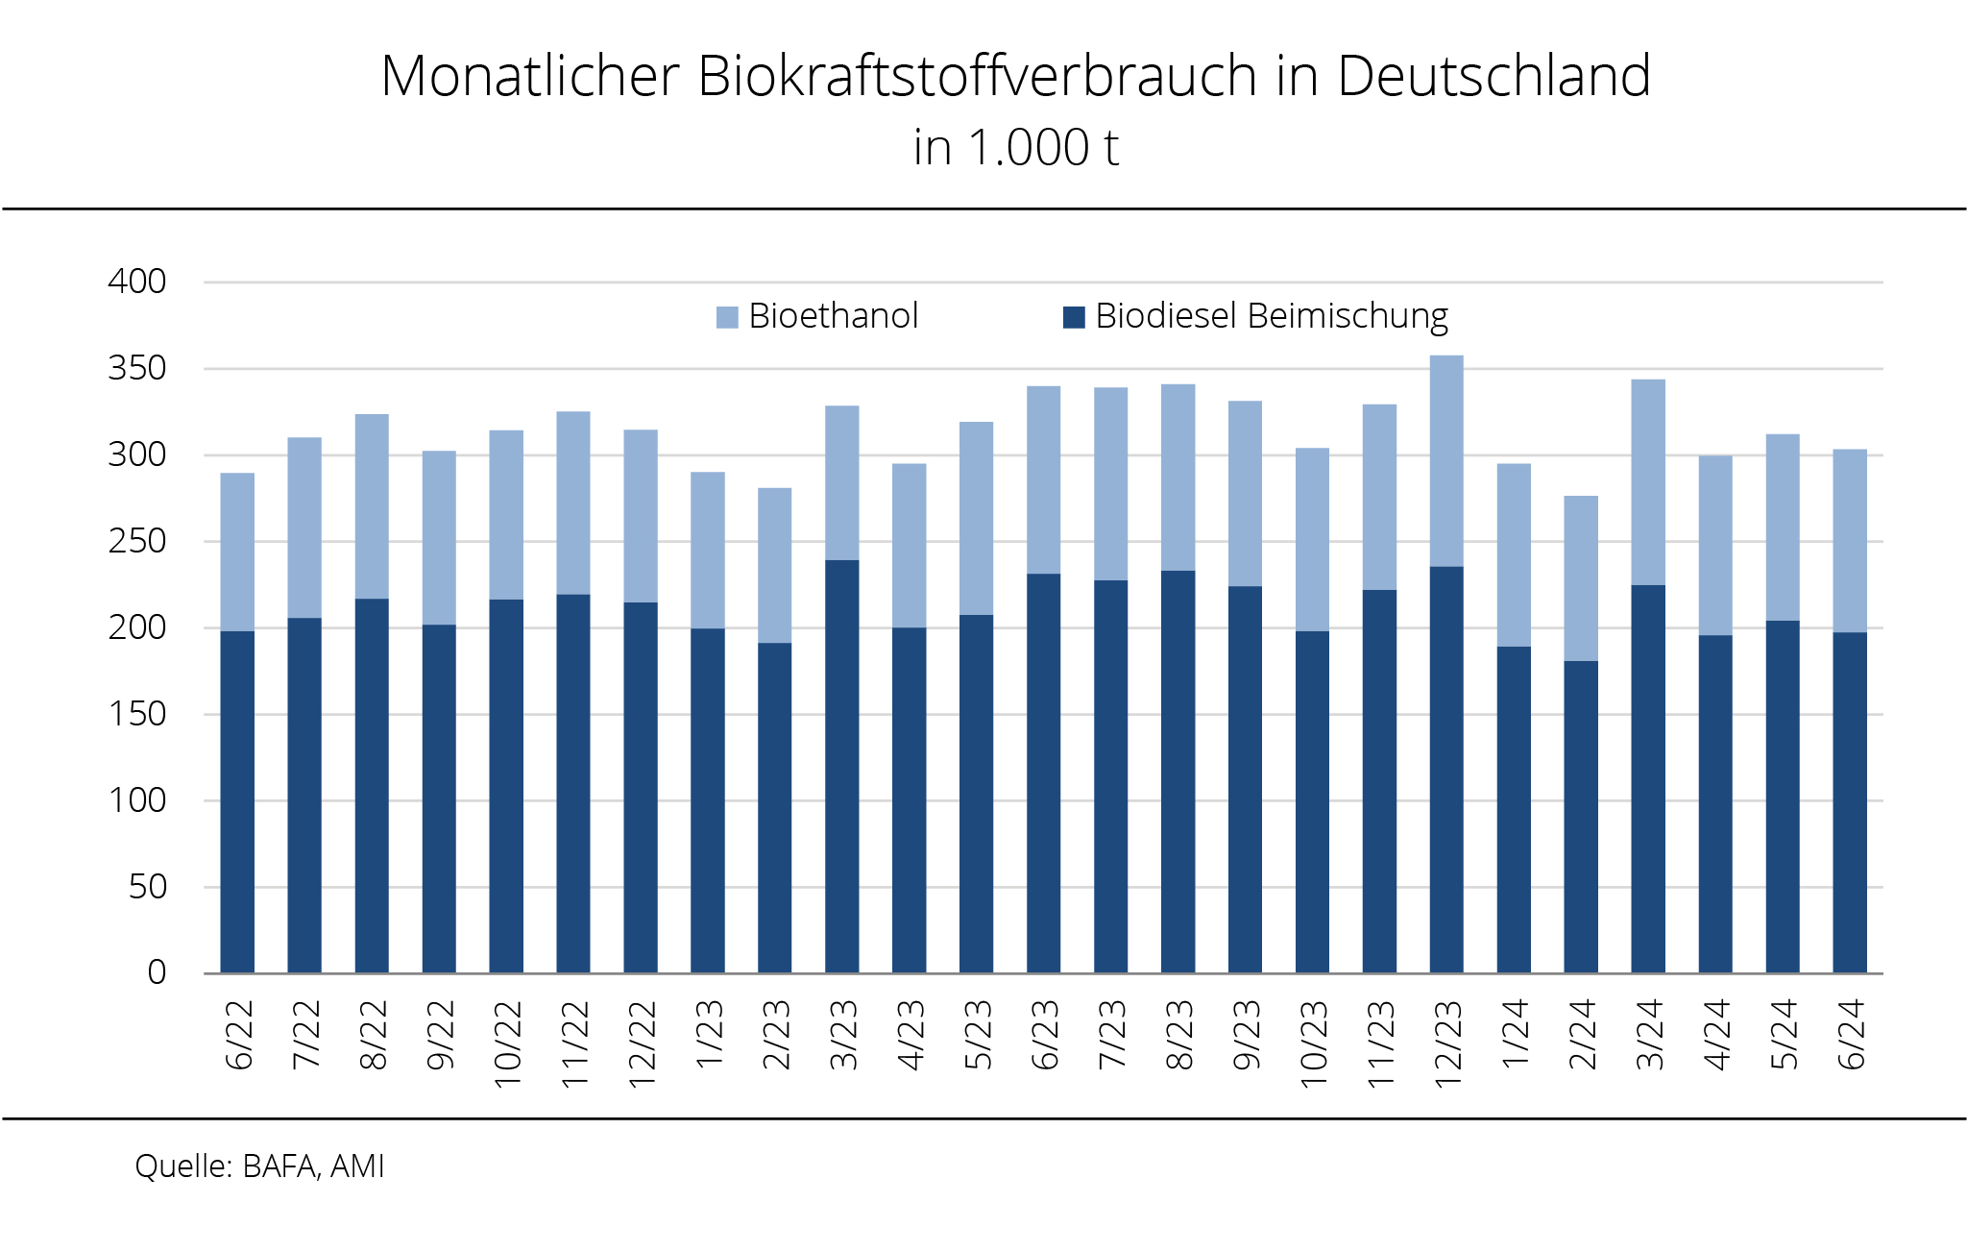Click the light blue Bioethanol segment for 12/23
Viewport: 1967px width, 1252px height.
point(1446,461)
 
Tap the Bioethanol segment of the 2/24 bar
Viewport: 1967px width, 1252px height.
point(1581,578)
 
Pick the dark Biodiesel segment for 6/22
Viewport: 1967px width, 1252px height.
point(237,802)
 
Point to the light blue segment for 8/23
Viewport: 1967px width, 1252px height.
point(1178,478)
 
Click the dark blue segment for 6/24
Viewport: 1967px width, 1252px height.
point(1850,802)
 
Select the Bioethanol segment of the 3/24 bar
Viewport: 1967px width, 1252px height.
point(1648,482)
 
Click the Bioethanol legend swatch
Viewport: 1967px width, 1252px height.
point(727,317)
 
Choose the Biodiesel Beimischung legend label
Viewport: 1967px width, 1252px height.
point(1271,316)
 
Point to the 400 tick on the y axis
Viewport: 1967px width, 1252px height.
point(137,282)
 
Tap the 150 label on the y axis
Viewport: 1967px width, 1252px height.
point(137,714)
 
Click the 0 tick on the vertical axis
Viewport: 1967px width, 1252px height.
point(157,972)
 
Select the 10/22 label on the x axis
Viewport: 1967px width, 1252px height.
point(507,1043)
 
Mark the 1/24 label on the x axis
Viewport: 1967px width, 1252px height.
point(1515,1034)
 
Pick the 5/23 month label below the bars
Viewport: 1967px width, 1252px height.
point(978,1035)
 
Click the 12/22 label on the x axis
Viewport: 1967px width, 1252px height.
point(642,1043)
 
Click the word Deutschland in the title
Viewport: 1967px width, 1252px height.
point(1493,76)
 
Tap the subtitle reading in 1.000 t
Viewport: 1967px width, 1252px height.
point(1016,148)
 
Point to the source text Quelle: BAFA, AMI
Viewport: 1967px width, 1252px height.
point(259,1166)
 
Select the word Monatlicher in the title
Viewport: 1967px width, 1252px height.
point(530,76)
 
